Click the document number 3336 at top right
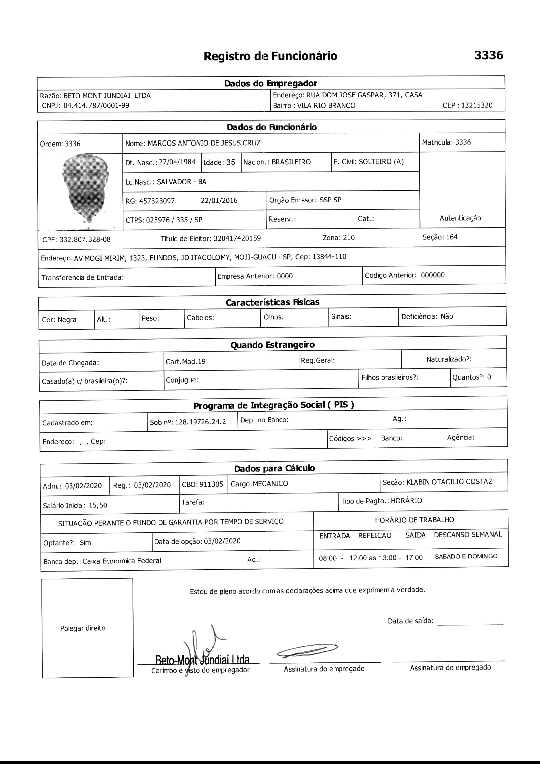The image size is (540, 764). [x=488, y=55]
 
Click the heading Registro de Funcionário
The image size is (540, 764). [x=270, y=56]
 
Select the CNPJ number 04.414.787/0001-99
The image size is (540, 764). [x=96, y=106]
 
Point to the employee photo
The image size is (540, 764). [x=86, y=188]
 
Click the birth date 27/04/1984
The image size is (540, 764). [x=177, y=162]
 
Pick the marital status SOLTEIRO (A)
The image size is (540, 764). [x=381, y=162]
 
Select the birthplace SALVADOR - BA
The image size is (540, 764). [x=182, y=182]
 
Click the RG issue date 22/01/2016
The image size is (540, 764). [x=219, y=200]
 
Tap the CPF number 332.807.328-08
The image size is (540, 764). [x=85, y=240]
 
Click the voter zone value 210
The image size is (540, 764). [x=349, y=238]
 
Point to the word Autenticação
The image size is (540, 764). [x=460, y=218]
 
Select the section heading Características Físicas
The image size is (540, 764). [x=272, y=303]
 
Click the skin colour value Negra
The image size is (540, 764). [x=67, y=320]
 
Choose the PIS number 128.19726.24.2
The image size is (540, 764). [x=200, y=422]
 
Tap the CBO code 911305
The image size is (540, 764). [x=212, y=484]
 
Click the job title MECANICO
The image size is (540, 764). [x=270, y=484]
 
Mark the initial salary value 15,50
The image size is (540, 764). [x=98, y=505]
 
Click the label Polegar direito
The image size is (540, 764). [x=83, y=628]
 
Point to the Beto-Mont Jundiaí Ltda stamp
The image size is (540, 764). [x=202, y=659]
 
